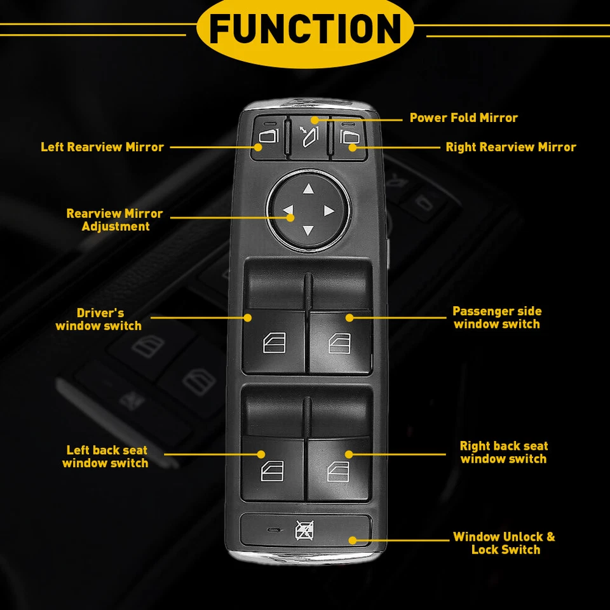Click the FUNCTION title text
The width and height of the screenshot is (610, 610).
(x=305, y=29)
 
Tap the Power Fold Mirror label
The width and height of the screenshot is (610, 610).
(x=463, y=118)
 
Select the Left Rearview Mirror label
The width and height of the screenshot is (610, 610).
(x=102, y=147)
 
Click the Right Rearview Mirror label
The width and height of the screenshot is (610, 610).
(x=510, y=147)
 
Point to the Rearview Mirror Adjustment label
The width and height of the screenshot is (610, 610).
(x=115, y=220)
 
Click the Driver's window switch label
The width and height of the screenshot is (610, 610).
(x=99, y=320)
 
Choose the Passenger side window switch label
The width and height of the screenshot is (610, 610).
(x=497, y=318)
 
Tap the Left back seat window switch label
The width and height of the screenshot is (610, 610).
(x=105, y=457)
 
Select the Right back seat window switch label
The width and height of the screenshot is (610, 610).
(x=503, y=452)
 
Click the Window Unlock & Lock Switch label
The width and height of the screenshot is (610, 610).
(x=504, y=543)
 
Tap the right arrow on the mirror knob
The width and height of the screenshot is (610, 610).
(x=329, y=210)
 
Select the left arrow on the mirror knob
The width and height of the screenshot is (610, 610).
(x=288, y=210)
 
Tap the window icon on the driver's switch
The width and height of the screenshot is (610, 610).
(x=274, y=343)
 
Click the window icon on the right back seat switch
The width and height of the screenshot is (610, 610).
(x=339, y=471)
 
